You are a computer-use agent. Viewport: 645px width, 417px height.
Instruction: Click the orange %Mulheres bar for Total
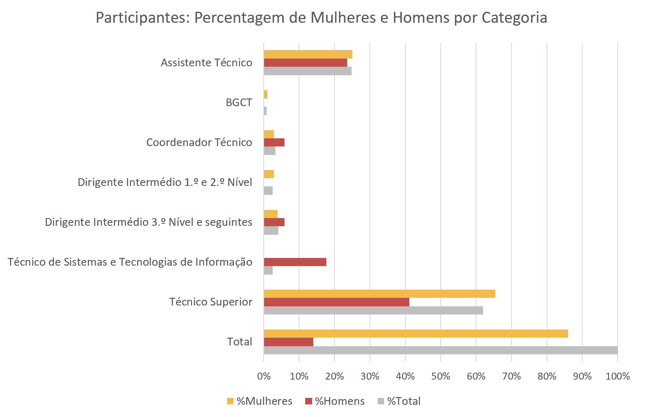(415, 334)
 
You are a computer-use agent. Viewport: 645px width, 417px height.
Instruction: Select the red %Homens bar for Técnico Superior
(336, 302)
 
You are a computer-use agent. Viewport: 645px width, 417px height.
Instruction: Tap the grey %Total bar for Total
(440, 350)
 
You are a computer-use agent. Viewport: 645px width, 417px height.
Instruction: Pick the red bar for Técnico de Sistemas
(295, 262)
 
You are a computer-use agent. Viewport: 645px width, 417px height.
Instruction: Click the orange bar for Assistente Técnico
(308, 55)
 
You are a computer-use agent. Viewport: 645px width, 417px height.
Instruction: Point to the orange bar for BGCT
(265, 94)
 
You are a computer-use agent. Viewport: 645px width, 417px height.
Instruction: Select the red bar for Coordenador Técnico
(274, 142)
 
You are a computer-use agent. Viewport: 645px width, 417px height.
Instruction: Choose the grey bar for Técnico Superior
(373, 310)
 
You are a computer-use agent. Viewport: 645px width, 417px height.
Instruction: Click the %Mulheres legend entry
(260, 401)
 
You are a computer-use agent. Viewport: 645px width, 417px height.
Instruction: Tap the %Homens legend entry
(335, 401)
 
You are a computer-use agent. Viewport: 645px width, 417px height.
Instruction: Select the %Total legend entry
(399, 401)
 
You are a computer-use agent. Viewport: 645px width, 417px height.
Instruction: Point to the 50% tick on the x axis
(440, 376)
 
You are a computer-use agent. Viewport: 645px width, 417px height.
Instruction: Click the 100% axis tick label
(617, 376)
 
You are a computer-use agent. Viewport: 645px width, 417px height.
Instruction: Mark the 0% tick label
(264, 376)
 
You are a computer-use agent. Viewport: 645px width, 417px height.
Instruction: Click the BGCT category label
(239, 103)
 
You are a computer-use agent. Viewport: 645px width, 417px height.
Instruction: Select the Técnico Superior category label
(211, 302)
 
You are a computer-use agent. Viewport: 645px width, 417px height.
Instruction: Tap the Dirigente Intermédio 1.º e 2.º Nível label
(165, 182)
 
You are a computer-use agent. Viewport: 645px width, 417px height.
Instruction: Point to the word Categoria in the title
(514, 18)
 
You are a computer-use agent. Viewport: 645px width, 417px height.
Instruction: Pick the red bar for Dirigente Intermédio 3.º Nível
(274, 222)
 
